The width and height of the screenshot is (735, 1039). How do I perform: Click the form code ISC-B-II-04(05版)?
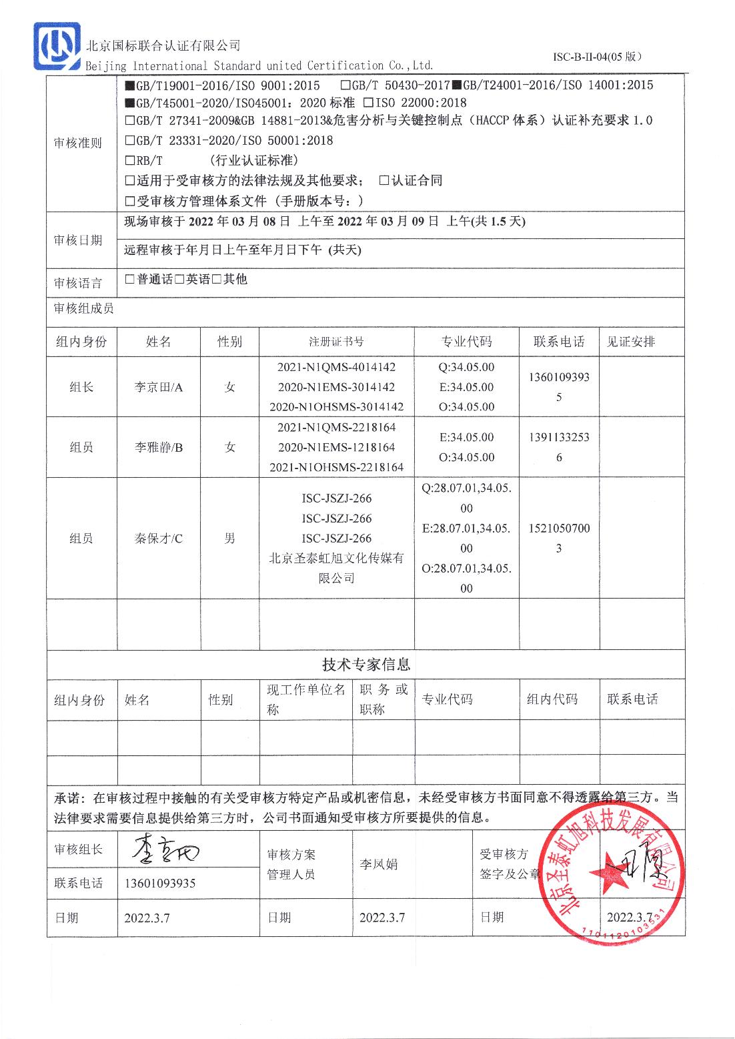click(x=597, y=57)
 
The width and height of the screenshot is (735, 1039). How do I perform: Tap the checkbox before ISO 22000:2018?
click(x=368, y=103)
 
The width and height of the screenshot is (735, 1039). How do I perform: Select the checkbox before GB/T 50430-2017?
click(x=345, y=85)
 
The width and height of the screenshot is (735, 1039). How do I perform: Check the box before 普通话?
click(x=130, y=280)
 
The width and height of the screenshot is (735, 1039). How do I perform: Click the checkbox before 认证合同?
click(x=384, y=180)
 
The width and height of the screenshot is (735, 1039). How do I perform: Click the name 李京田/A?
click(x=159, y=387)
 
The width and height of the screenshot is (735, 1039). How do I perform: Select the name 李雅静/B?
click(x=159, y=447)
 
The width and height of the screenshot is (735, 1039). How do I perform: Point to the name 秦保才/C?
click(x=159, y=539)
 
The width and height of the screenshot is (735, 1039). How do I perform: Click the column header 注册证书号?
click(x=336, y=342)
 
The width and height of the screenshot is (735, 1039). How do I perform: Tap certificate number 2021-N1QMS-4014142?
click(x=336, y=367)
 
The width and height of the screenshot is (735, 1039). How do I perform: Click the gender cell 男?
click(x=229, y=539)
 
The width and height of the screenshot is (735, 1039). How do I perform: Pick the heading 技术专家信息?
click(x=366, y=665)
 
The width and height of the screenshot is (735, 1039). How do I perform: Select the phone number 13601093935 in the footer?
click(x=160, y=884)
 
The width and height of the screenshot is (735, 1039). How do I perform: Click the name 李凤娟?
click(x=378, y=864)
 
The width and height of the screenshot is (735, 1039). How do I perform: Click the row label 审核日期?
click(x=78, y=240)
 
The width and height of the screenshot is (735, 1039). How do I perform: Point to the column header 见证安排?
click(x=631, y=342)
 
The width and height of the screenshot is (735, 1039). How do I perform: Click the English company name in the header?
click(x=259, y=65)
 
